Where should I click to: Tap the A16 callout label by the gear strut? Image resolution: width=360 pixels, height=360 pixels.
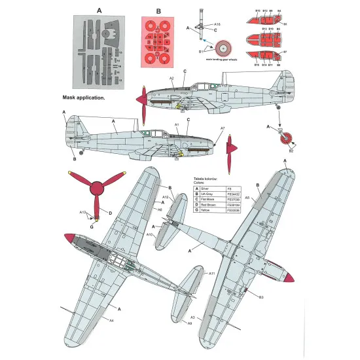tap(217, 24)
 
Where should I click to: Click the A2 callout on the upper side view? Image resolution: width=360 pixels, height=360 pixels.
tap(171, 79)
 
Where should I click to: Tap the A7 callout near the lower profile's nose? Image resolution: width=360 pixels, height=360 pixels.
tap(223, 128)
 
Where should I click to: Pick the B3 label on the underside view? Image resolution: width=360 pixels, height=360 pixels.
tap(261, 298)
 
